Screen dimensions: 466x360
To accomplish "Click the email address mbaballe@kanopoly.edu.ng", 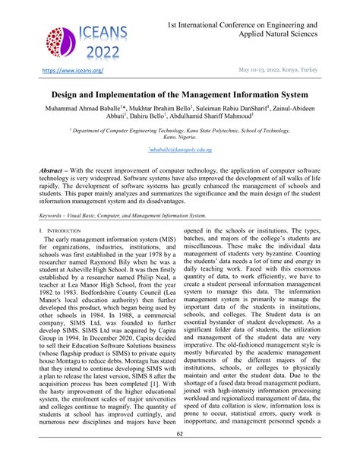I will tap(180, 151).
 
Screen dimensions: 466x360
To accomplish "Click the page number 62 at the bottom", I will tap(179, 455).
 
